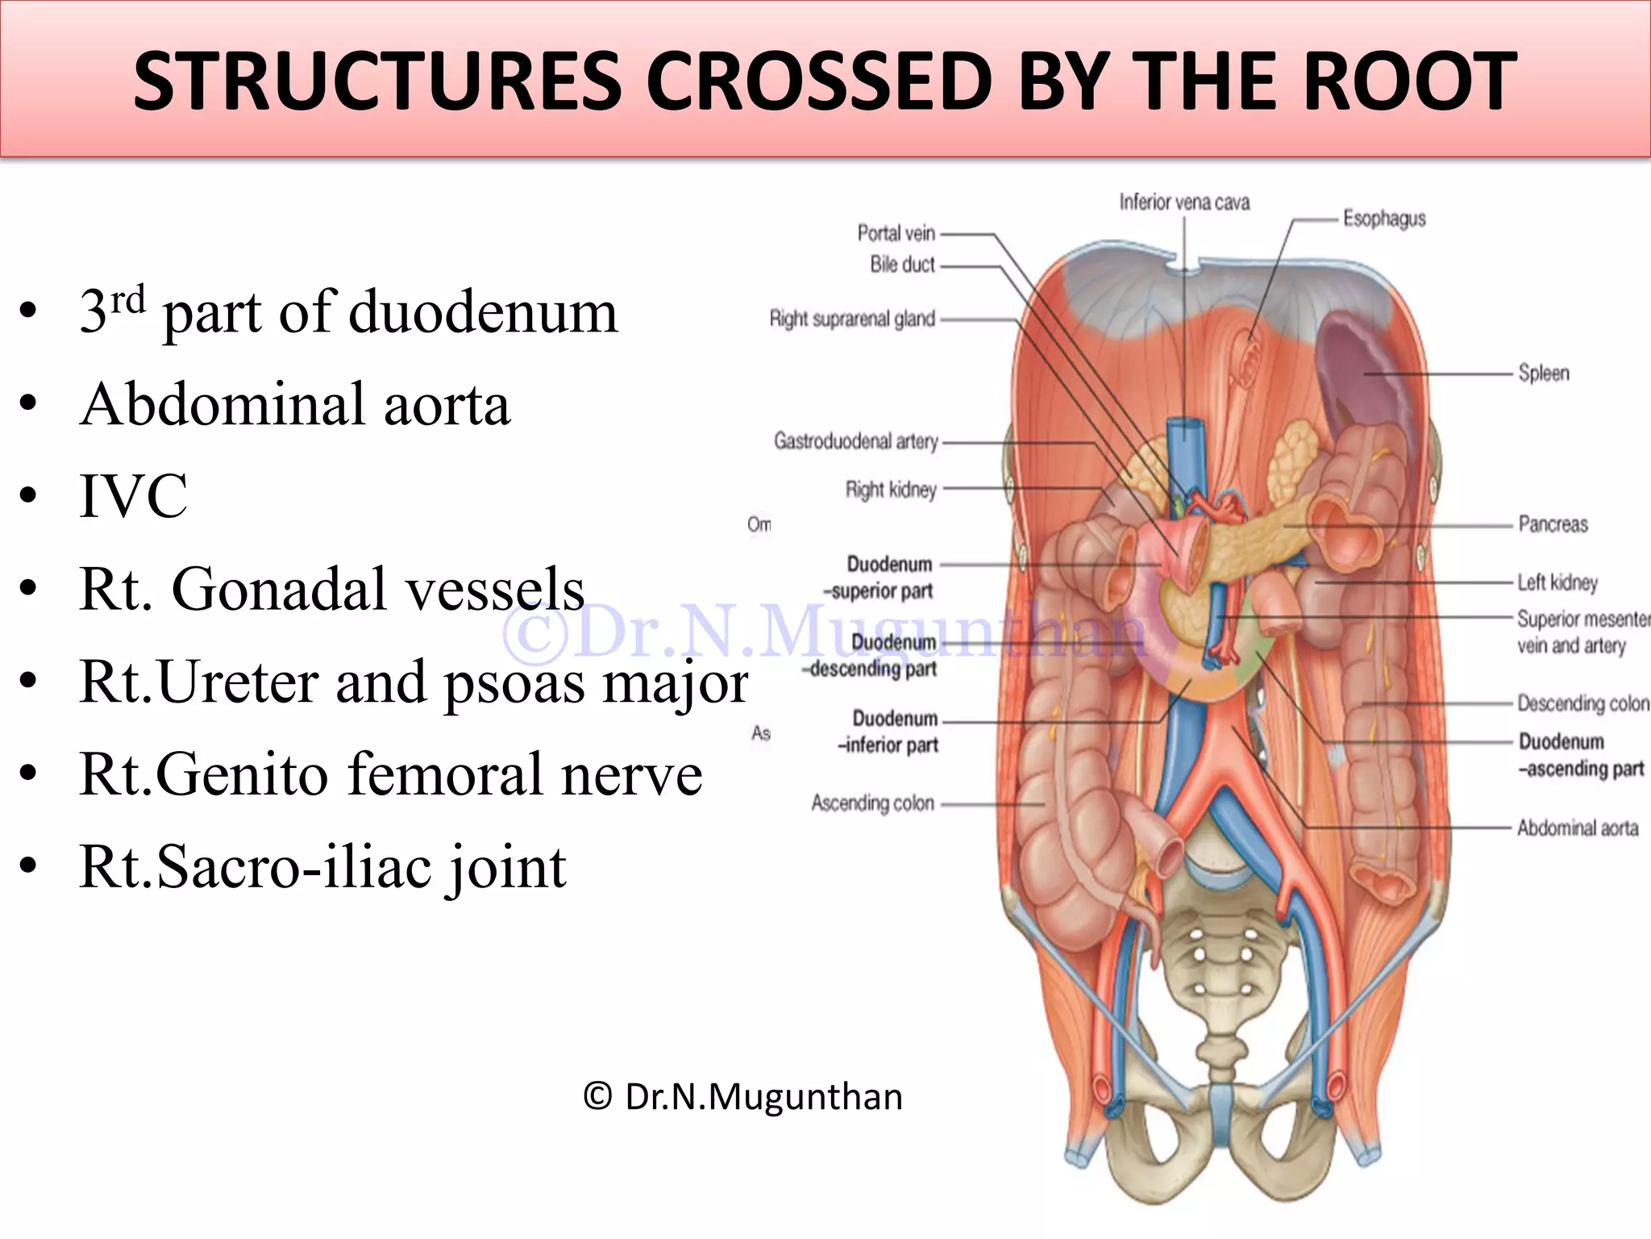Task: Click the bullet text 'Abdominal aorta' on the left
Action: coord(295,404)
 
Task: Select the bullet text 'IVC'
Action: coord(134,496)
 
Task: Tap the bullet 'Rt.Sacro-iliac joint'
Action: coord(322,867)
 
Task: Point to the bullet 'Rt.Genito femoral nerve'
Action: coord(391,774)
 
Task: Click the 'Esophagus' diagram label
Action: coord(1383,219)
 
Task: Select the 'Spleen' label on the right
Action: coord(1543,373)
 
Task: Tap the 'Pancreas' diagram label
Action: coord(1553,524)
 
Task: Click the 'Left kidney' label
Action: coord(1557,582)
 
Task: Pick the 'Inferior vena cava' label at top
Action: coord(1183,202)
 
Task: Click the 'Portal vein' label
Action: coord(896,233)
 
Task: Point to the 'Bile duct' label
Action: coord(902,264)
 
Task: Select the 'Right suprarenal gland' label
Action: coord(852,319)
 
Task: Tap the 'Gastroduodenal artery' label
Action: coord(856,441)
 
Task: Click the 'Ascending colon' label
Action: coord(872,803)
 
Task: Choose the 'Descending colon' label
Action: coord(1582,703)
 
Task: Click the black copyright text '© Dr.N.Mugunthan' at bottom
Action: coord(742,1097)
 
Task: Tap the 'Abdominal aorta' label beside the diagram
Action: coord(1577,828)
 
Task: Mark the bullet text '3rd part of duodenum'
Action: coord(348,311)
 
